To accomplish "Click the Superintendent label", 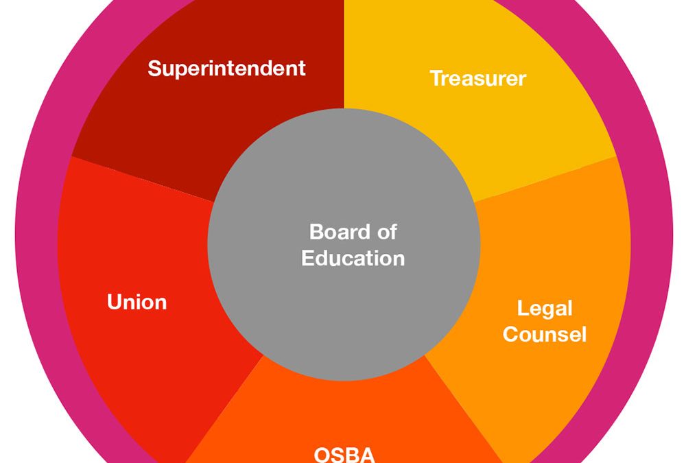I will [226, 69].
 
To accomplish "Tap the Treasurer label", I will [477, 78].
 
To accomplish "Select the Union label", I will [137, 302].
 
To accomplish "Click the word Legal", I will [545, 309].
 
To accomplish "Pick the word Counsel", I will [545, 334].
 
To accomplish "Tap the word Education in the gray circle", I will [353, 258].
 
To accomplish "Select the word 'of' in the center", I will [386, 232].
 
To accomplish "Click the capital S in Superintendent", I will [154, 69].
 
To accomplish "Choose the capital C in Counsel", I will [510, 334].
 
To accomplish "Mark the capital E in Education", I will [307, 258].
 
